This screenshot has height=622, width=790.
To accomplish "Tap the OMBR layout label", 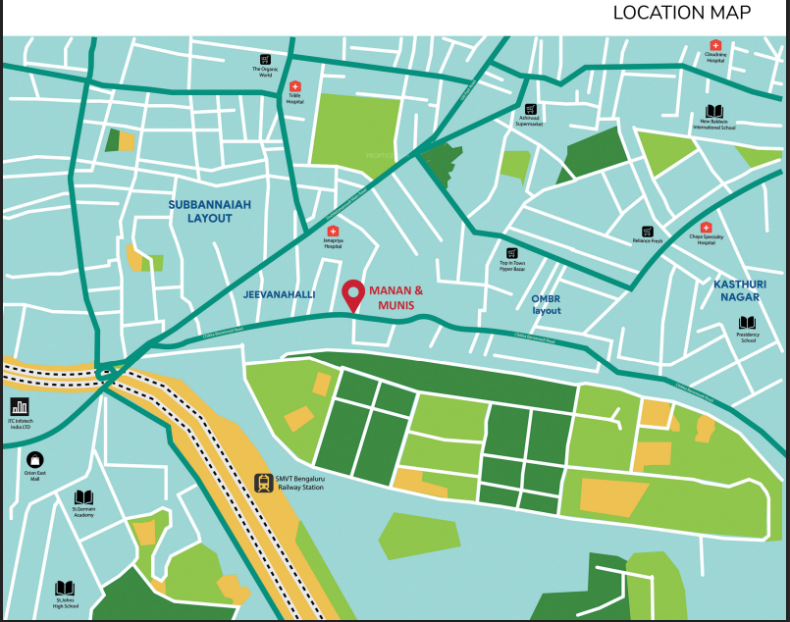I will coord(547,304).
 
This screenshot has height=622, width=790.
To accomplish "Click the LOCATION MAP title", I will coord(681,13).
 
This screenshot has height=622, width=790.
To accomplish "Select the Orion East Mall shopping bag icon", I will coord(35,458).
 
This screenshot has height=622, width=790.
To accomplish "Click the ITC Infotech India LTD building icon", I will coord(20,406).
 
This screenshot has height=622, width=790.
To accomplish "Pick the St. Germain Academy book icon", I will coord(83,497).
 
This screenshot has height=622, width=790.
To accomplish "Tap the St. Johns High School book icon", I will coord(65,587).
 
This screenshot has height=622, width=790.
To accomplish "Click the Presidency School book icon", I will coord(748,323).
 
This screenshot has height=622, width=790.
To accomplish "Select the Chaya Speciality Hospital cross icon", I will coord(705,228).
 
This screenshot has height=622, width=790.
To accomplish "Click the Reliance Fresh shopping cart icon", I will coord(647,232).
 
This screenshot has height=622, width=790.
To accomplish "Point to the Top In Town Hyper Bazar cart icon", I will coord(511,253).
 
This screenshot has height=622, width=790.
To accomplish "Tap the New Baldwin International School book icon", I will coord(714,111).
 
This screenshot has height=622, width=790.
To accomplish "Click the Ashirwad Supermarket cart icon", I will coord(530,109).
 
